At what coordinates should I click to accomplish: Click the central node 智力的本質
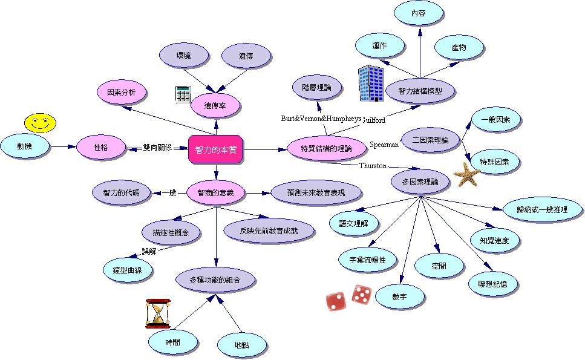216,148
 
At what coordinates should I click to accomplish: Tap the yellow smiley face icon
40,123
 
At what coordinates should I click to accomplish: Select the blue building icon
370,83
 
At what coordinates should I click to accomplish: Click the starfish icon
466,174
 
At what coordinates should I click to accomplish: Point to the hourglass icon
158,313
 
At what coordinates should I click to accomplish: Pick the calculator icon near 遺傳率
183,94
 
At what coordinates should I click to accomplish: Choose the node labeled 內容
418,13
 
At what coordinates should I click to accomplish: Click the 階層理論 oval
316,88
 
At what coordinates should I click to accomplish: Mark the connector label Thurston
373,165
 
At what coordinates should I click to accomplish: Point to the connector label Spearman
384,144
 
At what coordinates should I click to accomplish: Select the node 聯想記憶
492,283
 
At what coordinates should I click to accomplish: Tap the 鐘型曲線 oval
127,270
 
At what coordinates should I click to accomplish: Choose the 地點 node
241,345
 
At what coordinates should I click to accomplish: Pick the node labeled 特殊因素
494,162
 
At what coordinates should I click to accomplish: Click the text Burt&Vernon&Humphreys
321,118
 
